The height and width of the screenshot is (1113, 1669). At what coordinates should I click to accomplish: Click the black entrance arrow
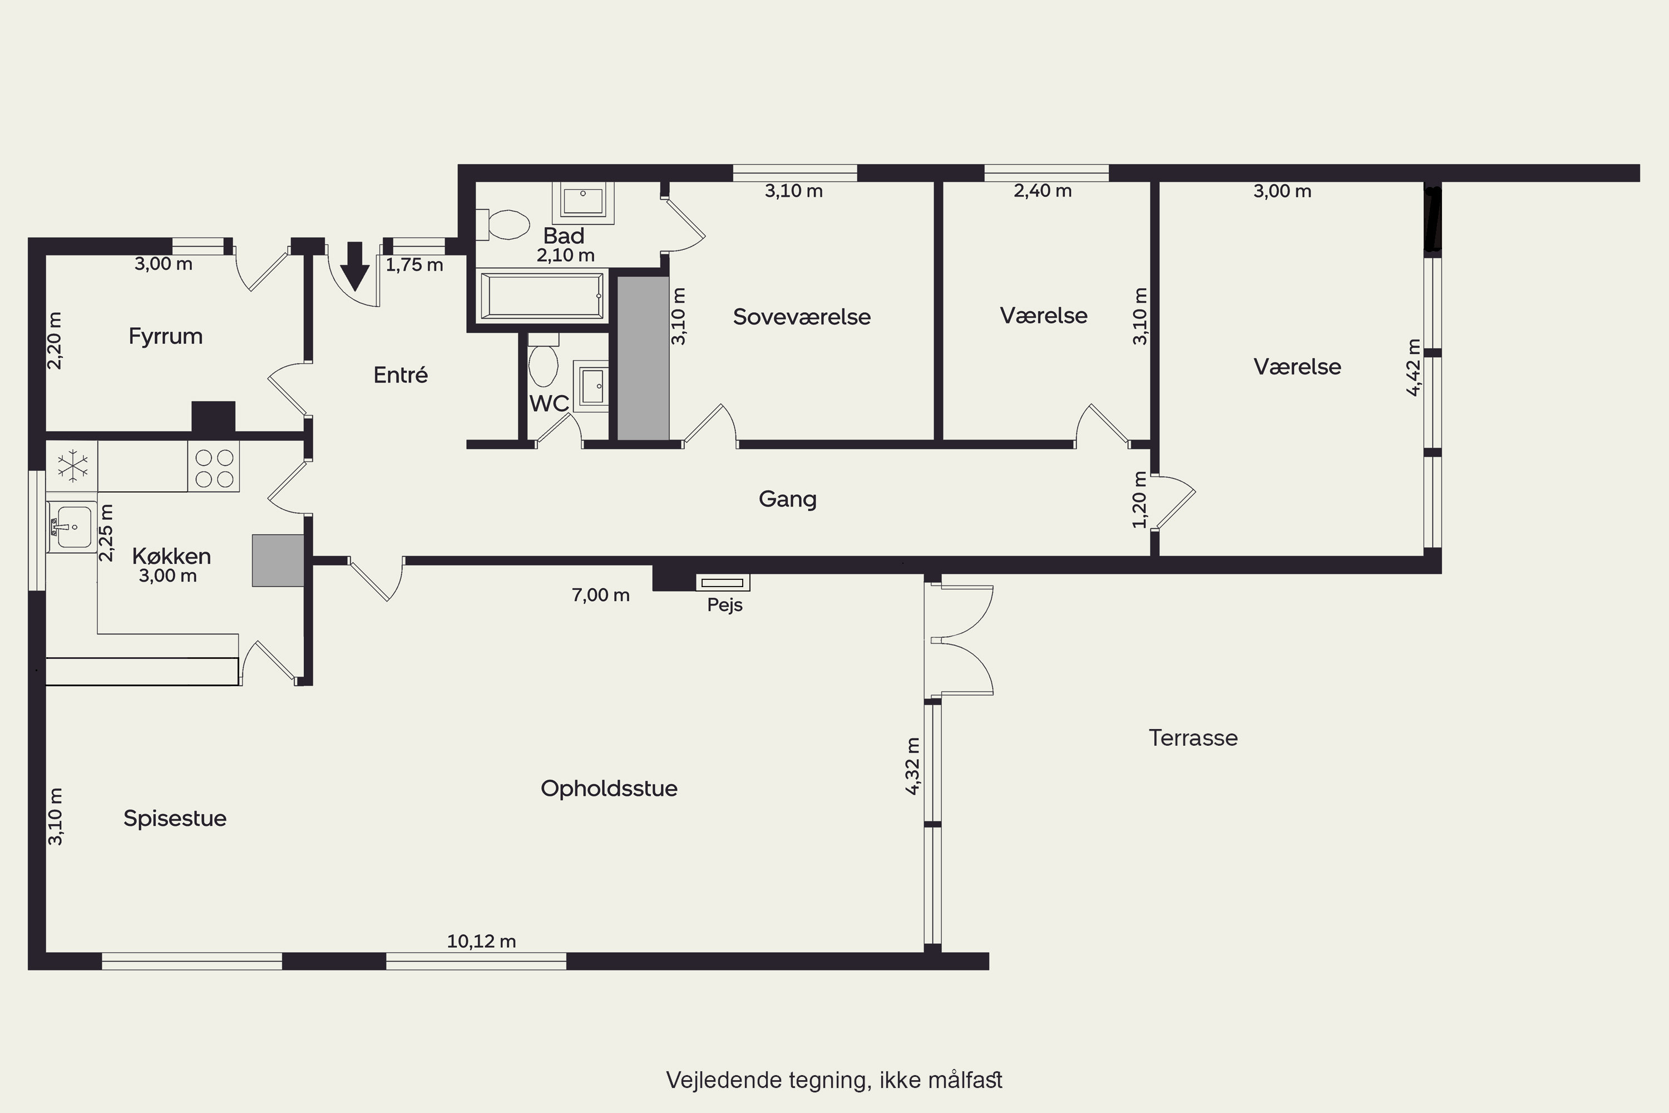[x=354, y=266]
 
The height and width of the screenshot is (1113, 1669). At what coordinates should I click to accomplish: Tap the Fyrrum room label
[x=165, y=336]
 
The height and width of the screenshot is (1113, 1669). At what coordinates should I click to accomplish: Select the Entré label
[x=400, y=374]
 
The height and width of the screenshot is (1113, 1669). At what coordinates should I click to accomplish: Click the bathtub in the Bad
[x=542, y=296]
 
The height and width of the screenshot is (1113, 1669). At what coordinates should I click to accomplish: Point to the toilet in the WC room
[x=544, y=360]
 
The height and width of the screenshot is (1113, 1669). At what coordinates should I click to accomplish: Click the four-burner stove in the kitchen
[x=214, y=467]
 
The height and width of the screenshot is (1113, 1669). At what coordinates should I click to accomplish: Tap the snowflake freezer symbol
[x=72, y=466]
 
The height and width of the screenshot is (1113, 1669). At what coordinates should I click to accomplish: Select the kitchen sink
[x=72, y=526]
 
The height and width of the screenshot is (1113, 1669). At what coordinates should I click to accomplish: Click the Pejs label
[x=724, y=605]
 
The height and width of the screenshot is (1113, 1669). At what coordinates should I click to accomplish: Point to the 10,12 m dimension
[x=481, y=941]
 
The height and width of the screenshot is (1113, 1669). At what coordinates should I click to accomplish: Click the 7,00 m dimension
[x=600, y=595]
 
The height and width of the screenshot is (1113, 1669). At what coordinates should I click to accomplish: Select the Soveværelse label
[x=802, y=317]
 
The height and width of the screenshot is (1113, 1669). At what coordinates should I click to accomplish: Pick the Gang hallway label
[x=788, y=499]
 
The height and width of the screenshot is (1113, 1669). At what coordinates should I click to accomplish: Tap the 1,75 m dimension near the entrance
[x=414, y=265]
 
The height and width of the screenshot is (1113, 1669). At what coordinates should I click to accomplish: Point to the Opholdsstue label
[x=609, y=788]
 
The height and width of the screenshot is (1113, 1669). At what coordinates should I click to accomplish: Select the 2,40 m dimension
[x=1043, y=190]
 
